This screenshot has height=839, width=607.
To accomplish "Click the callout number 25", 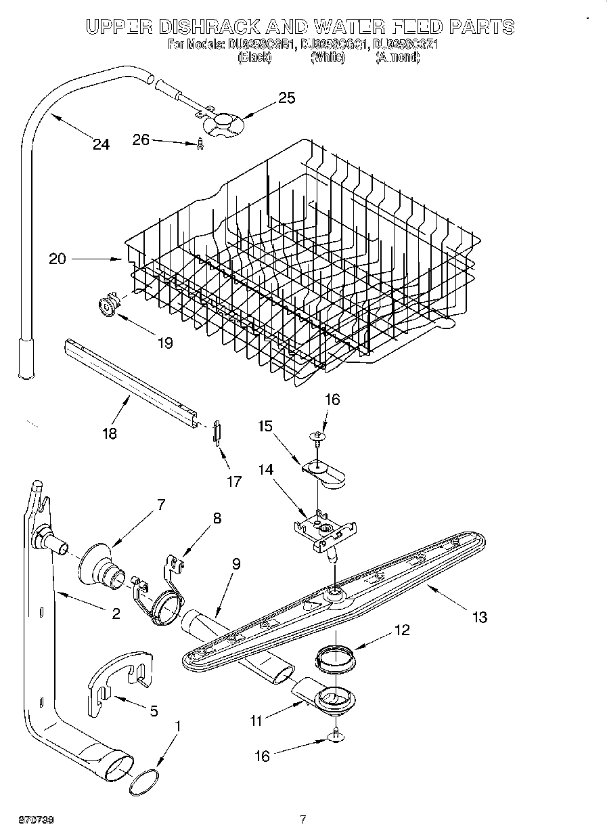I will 287,98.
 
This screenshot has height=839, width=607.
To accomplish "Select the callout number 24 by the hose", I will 101,144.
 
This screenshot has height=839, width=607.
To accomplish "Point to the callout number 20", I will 58,259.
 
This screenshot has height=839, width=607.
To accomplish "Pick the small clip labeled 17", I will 215,431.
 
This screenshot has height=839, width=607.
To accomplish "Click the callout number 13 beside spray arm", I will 480,616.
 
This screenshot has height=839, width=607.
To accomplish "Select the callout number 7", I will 160,504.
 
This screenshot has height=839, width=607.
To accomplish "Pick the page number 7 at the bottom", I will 303,819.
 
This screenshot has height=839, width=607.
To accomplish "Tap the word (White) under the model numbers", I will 328,58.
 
